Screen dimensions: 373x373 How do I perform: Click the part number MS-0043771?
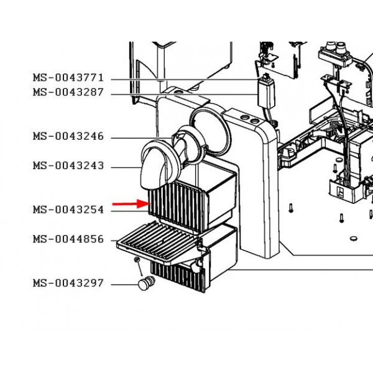point(68,78)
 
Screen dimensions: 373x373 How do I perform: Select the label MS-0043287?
point(68,92)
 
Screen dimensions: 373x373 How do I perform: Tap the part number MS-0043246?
point(68,136)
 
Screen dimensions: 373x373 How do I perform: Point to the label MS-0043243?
point(68,165)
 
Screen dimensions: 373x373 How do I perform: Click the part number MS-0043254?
point(68,210)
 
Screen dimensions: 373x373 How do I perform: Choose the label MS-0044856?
point(68,239)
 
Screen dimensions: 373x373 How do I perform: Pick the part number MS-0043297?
point(68,283)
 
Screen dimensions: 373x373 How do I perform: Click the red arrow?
point(132,204)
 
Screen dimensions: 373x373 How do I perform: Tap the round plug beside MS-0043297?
point(146,283)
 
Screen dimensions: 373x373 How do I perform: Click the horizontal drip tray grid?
point(157,242)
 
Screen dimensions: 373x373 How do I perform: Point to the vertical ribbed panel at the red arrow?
point(177,206)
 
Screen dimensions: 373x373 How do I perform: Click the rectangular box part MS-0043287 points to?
point(267,93)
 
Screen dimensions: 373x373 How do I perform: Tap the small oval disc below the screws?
point(354,238)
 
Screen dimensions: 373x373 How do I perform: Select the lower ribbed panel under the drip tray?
point(177,277)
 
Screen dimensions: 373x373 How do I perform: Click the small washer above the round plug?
point(137,259)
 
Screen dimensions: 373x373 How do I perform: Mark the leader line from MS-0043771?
point(185,80)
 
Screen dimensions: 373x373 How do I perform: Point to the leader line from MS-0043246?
point(142,138)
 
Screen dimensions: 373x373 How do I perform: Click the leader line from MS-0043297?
point(125,285)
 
